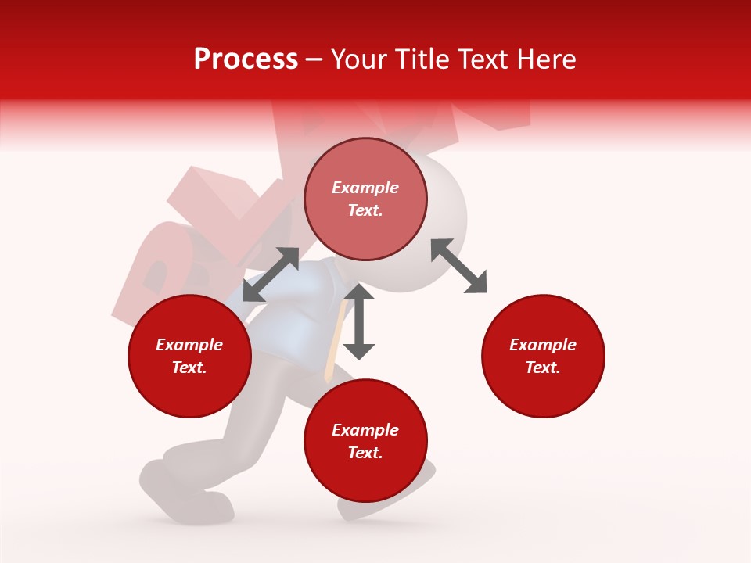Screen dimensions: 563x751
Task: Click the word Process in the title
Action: (246, 59)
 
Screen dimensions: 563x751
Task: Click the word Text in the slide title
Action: (481, 59)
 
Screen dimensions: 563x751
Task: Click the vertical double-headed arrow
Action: (359, 321)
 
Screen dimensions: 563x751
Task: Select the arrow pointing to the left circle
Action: (271, 274)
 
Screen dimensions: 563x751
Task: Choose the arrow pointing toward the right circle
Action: (459, 266)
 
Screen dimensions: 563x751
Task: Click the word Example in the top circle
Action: (365, 188)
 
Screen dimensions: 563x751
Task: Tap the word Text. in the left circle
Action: (189, 368)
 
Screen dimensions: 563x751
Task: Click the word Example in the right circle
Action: (543, 345)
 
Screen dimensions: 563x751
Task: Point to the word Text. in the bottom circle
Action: (365, 453)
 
